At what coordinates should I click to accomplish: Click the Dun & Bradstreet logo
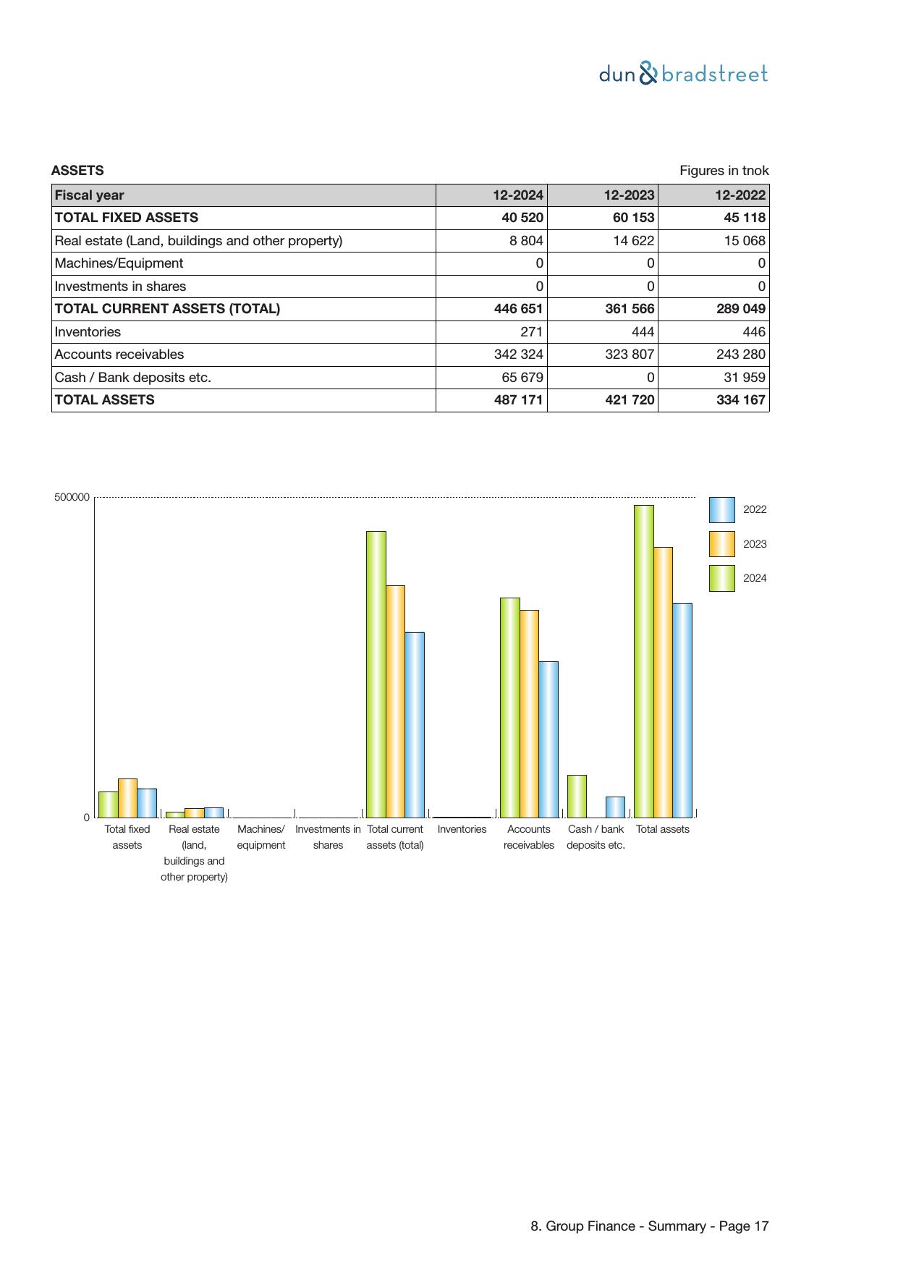pos(683,74)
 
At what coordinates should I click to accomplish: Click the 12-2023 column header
pos(629,195)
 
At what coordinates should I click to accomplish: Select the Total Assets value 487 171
pos(518,400)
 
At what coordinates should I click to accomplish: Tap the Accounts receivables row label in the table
pos(119,355)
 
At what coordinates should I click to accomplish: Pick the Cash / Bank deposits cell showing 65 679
pos(522,378)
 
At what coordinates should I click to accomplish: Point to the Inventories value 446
pos(753,332)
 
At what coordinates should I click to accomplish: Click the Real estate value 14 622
pos(633,241)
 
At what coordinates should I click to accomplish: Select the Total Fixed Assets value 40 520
pos(522,218)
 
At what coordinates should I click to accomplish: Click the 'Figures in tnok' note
pos(724,171)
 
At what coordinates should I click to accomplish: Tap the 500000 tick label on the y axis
pos(72,497)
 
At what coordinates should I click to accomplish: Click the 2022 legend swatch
pos(721,510)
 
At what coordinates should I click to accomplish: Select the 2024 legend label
pos(755,578)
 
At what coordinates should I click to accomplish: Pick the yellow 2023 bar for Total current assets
pos(395,701)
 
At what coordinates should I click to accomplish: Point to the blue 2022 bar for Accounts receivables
pos(548,739)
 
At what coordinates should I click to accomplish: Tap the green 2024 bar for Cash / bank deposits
pos(577,796)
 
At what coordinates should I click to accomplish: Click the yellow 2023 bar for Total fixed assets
pos(127,798)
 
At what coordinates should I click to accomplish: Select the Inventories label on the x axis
pos(462,829)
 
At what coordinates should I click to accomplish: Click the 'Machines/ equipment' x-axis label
pos(261,837)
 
